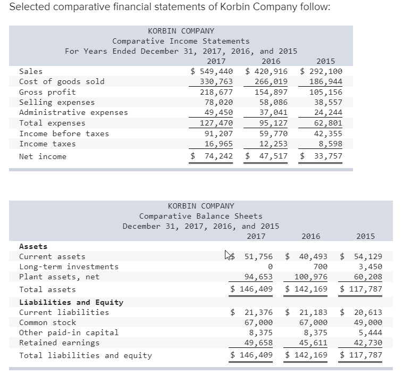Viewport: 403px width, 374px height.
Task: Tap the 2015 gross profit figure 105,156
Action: [326, 92]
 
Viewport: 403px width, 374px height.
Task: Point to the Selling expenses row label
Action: [57, 102]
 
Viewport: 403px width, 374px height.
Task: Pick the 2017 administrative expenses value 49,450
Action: [219, 112]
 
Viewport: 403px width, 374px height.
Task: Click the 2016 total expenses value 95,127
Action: [273, 123]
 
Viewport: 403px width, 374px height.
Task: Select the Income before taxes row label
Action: [64, 134]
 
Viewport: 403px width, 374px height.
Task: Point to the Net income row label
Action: [43, 156]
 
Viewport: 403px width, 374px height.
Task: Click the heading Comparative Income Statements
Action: [181, 41]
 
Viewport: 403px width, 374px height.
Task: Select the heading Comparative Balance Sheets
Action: [200, 216]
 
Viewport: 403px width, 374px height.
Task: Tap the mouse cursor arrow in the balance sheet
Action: [228, 255]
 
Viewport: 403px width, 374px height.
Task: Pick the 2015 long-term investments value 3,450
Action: [370, 267]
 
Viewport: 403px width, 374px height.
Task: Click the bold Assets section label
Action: [33, 246]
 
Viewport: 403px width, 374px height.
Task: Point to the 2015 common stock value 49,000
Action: [368, 322]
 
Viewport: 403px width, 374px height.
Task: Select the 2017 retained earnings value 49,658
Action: [258, 343]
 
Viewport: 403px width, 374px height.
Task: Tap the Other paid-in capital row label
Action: [69, 333]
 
